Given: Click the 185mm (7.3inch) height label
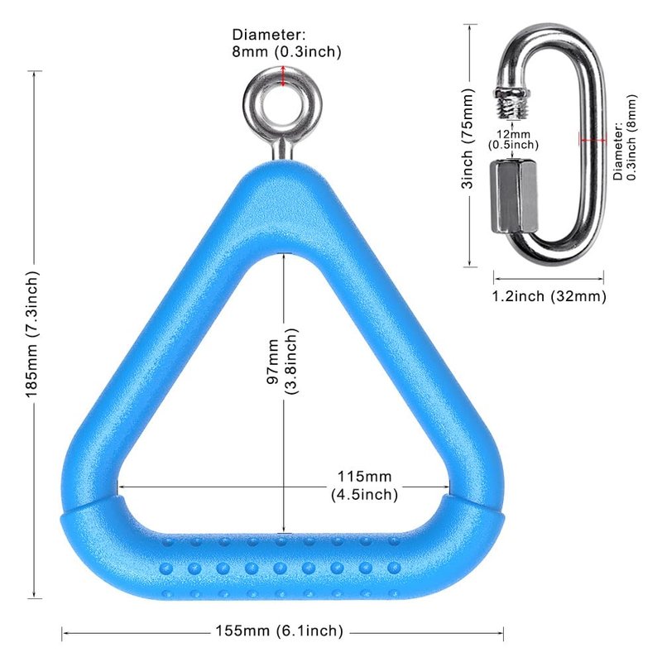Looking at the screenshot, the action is (x=32, y=333).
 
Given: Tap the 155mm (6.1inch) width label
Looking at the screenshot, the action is (x=280, y=631).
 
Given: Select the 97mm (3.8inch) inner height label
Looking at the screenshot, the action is (x=282, y=361).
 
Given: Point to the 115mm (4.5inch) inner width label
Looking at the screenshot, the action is (x=364, y=485).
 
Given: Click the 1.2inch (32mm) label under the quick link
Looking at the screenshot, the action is (x=549, y=296).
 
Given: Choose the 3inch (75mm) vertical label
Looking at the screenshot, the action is (x=468, y=138).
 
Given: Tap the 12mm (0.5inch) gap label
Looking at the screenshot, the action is (x=513, y=140).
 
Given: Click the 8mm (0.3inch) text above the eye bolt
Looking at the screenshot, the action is (x=286, y=51).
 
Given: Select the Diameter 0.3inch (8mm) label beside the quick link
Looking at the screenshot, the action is (x=625, y=137).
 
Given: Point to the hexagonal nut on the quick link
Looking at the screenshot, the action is (x=514, y=195).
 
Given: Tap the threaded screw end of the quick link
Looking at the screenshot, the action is (x=512, y=103).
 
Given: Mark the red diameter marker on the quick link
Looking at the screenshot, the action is (x=592, y=140).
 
